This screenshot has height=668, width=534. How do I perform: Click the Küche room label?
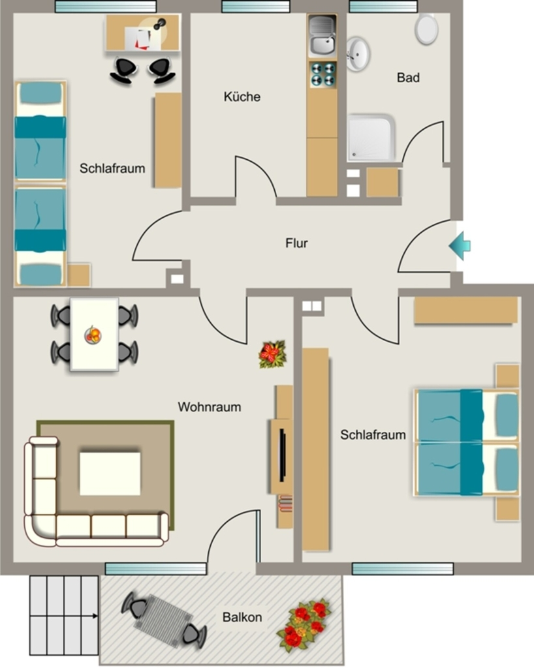[242, 97]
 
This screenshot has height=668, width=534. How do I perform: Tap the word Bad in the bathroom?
[408, 78]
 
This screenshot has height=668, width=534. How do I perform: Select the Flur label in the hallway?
[296, 243]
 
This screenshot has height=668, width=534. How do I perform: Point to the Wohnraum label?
[210, 407]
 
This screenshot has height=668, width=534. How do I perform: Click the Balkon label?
[242, 617]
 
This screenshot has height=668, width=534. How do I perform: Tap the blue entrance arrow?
[460, 246]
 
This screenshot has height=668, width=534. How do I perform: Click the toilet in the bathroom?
[426, 29]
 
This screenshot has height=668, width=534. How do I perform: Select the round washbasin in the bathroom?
[358, 53]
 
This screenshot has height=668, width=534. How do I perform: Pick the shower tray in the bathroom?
[371, 138]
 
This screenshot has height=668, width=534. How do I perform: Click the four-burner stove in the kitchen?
[322, 74]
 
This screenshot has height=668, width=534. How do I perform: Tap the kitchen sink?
[322, 37]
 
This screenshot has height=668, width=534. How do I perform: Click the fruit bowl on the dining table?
[93, 335]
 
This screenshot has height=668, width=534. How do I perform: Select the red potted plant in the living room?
[272, 354]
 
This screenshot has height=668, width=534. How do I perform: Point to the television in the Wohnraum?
[282, 455]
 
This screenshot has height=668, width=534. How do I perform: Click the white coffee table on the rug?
[110, 474]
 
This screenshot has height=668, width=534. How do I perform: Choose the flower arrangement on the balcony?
[304, 624]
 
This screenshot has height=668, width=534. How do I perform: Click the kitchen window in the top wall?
[256, 7]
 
